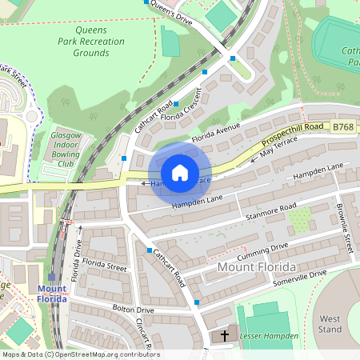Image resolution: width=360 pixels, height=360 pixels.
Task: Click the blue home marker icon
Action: [180, 173]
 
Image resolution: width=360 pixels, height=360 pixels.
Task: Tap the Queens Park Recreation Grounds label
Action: [83, 40]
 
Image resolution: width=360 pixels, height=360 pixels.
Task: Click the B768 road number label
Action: [343, 126]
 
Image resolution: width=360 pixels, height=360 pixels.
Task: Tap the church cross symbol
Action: [225, 335]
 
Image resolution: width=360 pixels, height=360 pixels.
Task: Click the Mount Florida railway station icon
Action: [52, 276]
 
